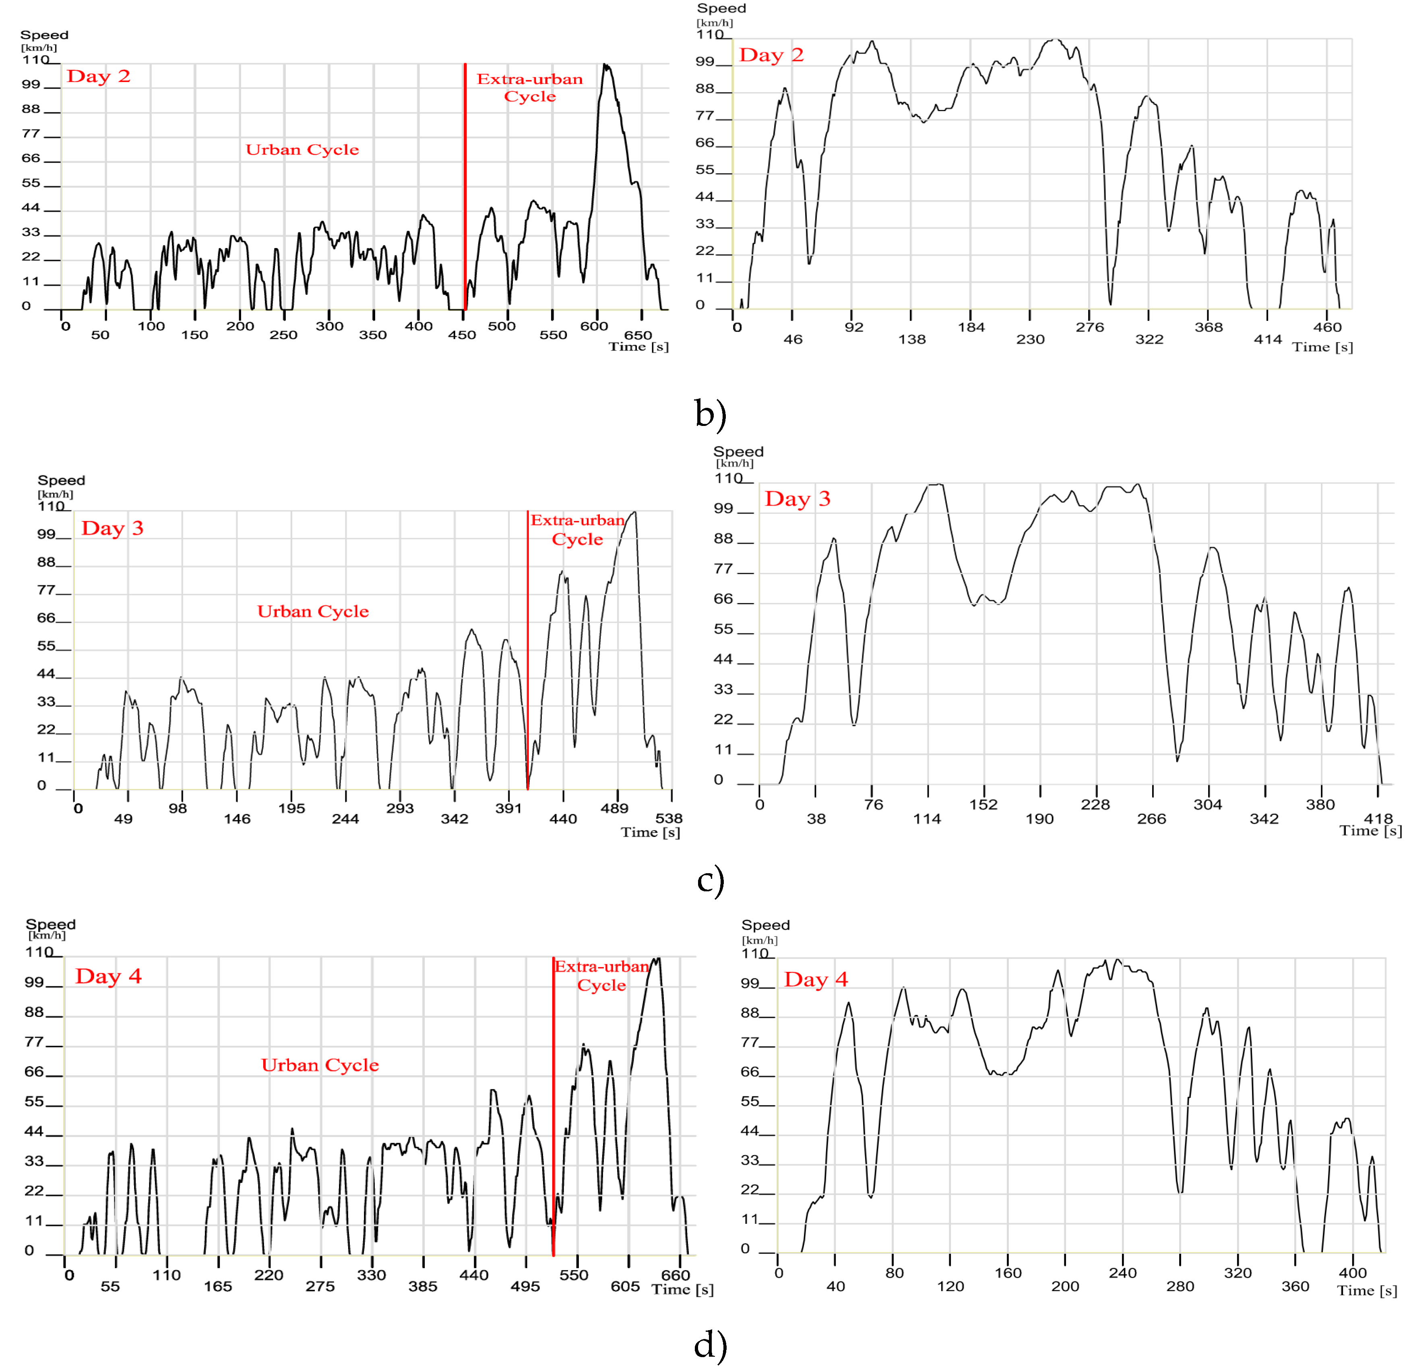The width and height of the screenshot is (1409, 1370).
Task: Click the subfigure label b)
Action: pyautogui.click(x=710, y=414)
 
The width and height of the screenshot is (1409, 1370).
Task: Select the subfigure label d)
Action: pyautogui.click(x=710, y=1345)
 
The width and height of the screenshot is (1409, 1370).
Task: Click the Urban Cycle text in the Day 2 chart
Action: pyautogui.click(x=302, y=150)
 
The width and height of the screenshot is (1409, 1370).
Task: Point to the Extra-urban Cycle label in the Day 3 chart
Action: pyautogui.click(x=578, y=529)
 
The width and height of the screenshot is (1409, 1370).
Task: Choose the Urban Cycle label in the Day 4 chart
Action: pyautogui.click(x=320, y=1065)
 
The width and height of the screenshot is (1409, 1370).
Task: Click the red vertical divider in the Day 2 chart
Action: pyautogui.click(x=465, y=187)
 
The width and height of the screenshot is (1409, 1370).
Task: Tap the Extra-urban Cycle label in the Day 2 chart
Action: pyautogui.click(x=530, y=88)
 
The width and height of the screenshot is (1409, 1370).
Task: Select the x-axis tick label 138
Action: pyautogui.click(x=912, y=340)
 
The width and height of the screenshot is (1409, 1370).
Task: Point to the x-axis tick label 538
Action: pyautogui.click(x=669, y=818)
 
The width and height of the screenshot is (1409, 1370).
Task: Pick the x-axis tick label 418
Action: pyautogui.click(x=1378, y=818)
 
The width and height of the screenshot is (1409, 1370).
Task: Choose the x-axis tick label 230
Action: pyautogui.click(x=1030, y=340)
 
